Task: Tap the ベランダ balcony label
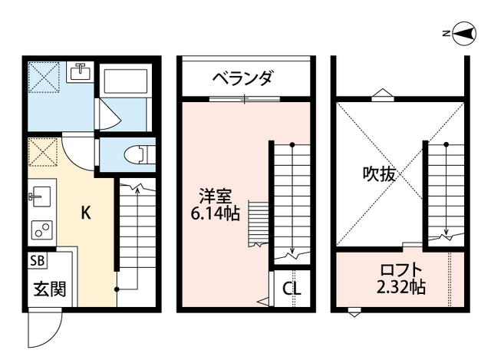245,78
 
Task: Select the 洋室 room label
214,197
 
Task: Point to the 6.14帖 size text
214,214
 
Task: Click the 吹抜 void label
379,173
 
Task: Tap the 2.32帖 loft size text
400,289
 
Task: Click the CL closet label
292,289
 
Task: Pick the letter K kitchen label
87,214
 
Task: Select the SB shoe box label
38,259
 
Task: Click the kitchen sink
41,197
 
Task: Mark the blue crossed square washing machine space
44,78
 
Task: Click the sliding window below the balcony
245,98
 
